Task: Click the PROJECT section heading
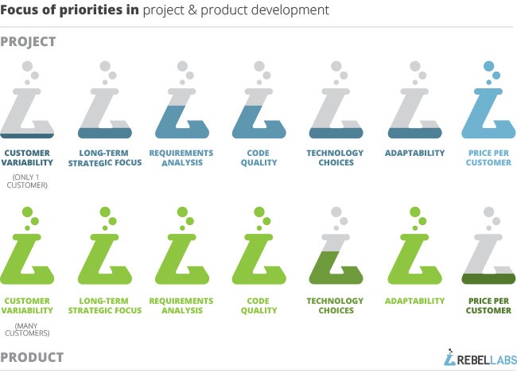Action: [x=28, y=42]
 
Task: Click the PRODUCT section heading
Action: [x=32, y=358]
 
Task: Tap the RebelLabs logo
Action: [x=480, y=358]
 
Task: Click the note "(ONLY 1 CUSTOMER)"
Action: [x=27, y=181]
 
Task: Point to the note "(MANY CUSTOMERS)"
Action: [x=27, y=329]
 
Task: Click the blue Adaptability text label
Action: [x=414, y=153]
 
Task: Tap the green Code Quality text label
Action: [x=258, y=305]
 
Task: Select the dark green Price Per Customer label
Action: [x=488, y=305]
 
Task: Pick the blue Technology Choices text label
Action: [x=336, y=157]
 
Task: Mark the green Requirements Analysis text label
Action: [x=181, y=305]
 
